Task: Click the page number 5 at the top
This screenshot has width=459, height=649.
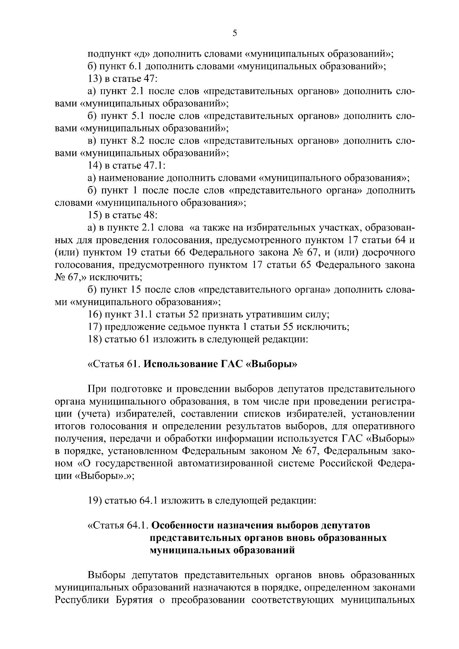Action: coord(235,33)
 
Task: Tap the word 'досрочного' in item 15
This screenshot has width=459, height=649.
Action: coord(391,253)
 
